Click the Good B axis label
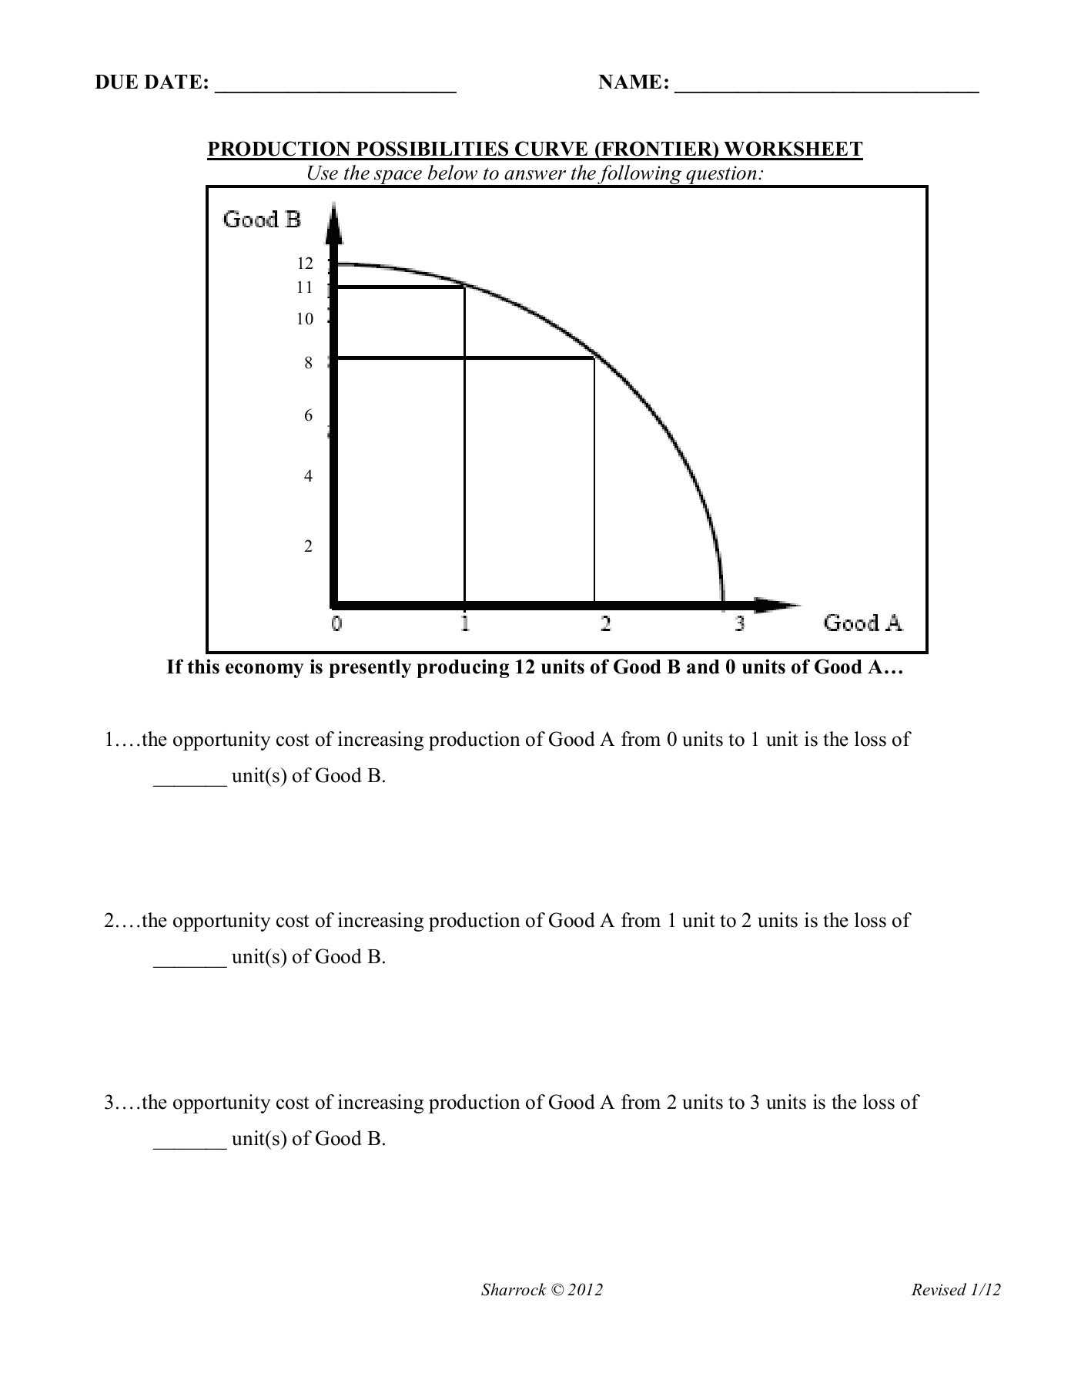[262, 220]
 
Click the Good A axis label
[862, 623]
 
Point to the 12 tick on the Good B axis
[306, 264]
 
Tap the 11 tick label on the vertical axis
[305, 287]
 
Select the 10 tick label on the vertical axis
[305, 319]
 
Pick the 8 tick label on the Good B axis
[308, 363]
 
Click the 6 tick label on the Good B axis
[308, 416]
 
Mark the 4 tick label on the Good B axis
[308, 476]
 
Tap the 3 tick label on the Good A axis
[739, 623]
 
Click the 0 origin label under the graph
[336, 623]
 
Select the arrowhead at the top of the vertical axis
[334, 220]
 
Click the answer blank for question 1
[190, 780]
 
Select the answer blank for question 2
[190, 961]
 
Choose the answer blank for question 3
[190, 1143]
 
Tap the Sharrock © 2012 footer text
[542, 1290]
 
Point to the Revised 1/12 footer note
[956, 1290]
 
